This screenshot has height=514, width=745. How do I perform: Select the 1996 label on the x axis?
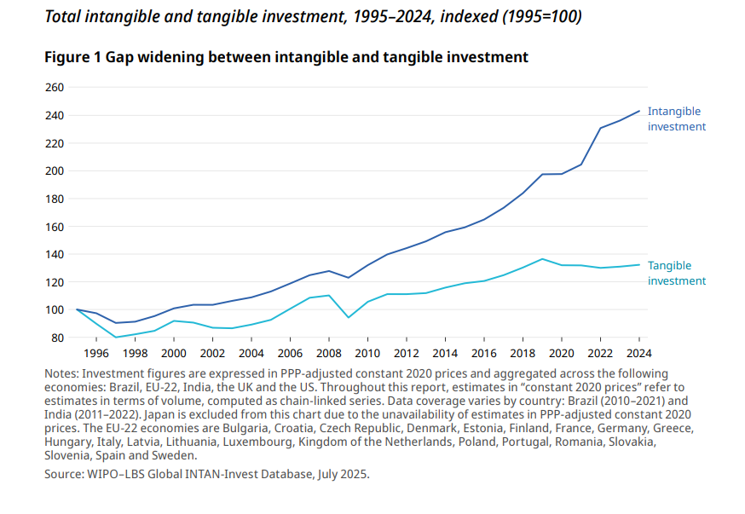pyautogui.click(x=96, y=353)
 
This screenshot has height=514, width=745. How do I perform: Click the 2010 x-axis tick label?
pyautogui.click(x=367, y=353)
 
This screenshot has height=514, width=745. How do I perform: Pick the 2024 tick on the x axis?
pyautogui.click(x=638, y=353)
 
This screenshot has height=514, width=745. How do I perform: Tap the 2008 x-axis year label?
pyautogui.click(x=329, y=353)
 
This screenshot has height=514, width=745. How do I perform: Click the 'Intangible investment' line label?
pyautogui.click(x=677, y=118)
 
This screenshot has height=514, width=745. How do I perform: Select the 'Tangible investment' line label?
pyautogui.click(x=677, y=273)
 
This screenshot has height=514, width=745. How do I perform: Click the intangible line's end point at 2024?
pyautogui.click(x=639, y=111)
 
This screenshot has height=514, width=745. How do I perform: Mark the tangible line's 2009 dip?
pyautogui.click(x=349, y=317)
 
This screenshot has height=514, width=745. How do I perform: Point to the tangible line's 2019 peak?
pyautogui.click(x=542, y=259)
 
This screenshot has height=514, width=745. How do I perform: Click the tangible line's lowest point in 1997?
pyautogui.click(x=116, y=338)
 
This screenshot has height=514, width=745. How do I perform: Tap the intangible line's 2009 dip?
pyautogui.click(x=349, y=278)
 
